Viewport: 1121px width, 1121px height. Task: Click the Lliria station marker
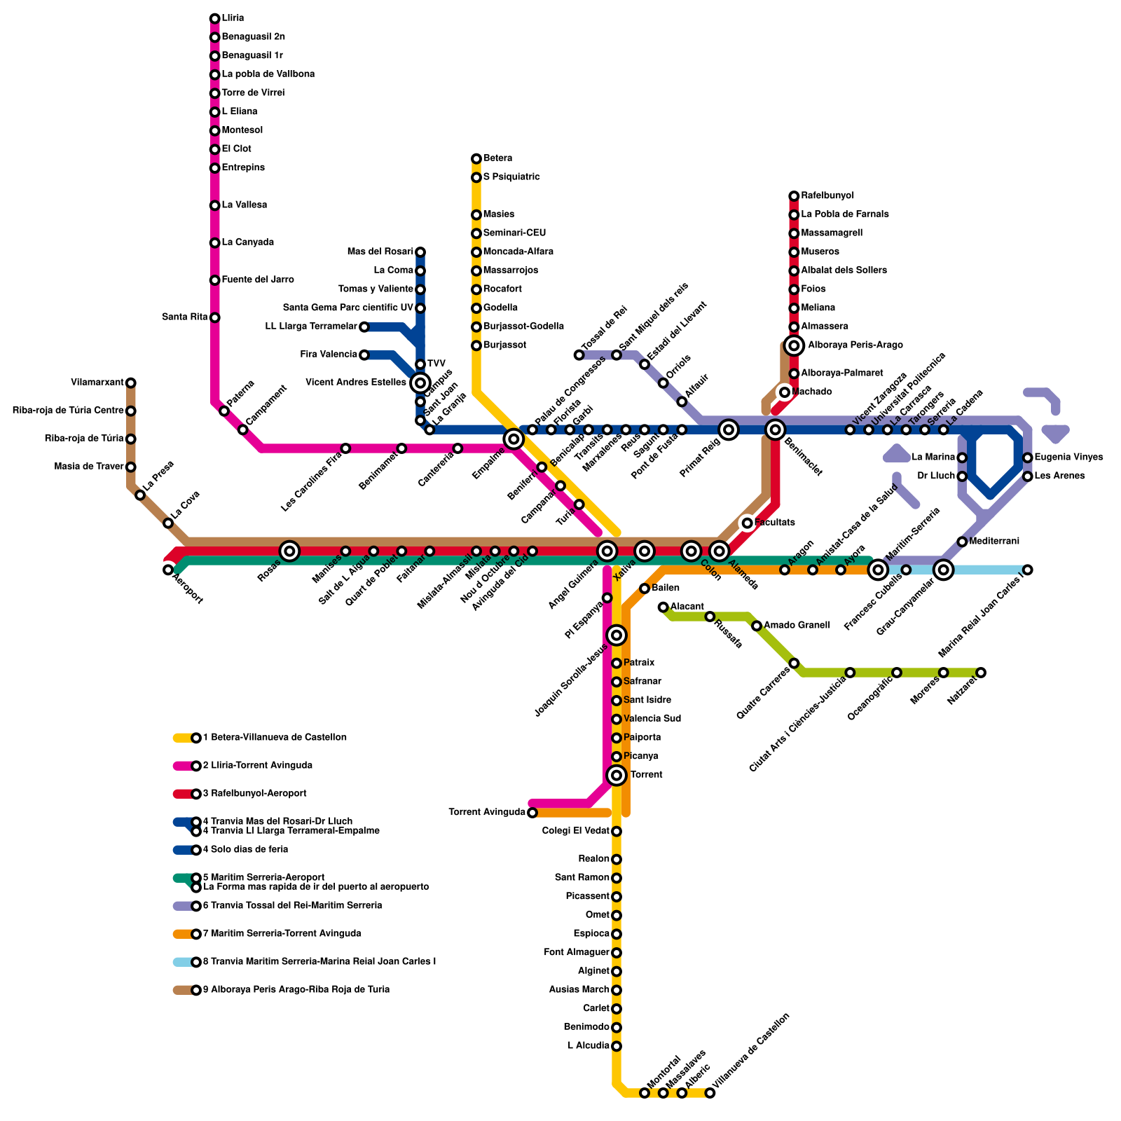pos(214,18)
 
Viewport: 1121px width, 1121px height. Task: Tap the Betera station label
pos(497,158)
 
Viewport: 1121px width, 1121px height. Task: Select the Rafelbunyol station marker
pos(794,196)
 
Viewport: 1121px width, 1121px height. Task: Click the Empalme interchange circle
pos(514,439)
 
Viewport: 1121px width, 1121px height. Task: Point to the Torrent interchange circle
pos(617,775)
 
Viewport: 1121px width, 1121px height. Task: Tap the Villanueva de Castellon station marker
pos(710,1093)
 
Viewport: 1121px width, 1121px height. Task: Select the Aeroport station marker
pos(168,570)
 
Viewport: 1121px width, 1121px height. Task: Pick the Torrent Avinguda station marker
pos(532,813)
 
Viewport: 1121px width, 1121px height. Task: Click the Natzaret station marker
pos(981,673)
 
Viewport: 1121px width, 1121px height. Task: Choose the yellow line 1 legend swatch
pos(182,738)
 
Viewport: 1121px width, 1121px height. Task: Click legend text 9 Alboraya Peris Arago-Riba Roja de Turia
pos(296,990)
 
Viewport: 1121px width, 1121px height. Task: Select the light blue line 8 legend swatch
pos(182,962)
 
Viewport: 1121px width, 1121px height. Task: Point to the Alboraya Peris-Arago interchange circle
pos(794,345)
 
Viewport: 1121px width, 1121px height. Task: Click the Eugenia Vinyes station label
pos(1068,458)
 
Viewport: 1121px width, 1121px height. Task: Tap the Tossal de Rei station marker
pos(579,355)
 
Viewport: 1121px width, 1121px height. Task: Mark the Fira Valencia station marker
pos(364,355)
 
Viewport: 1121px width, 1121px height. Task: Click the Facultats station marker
pos(748,523)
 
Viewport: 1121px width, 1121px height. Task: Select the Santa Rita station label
pos(185,317)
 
